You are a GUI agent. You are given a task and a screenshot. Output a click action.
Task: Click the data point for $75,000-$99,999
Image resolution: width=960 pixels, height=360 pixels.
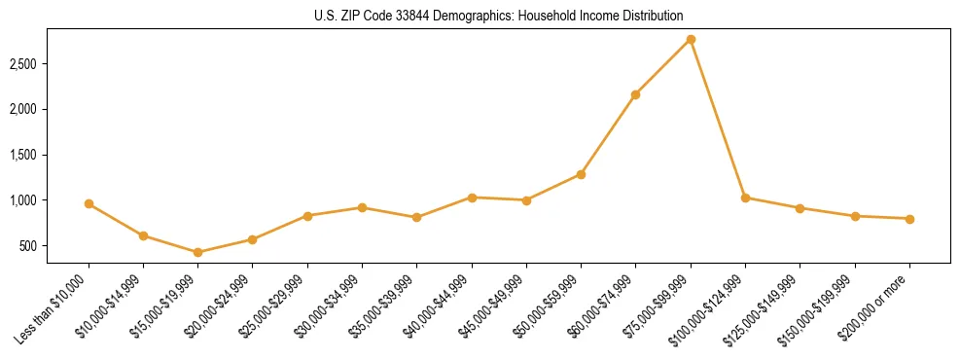[x=691, y=39]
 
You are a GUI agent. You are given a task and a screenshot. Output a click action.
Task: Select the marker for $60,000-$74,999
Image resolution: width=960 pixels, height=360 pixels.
[x=635, y=94]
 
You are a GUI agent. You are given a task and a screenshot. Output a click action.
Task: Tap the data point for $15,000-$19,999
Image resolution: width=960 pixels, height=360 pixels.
[x=197, y=252]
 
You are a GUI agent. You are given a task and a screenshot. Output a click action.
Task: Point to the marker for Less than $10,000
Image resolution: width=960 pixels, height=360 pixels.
[x=89, y=203]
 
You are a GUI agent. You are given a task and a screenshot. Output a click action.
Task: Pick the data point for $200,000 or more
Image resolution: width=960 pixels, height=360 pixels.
[x=909, y=219]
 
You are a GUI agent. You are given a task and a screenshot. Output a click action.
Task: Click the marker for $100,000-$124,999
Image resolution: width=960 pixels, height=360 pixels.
[x=745, y=198]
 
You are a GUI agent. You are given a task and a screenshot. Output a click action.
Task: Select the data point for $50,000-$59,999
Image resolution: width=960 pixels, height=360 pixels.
[x=581, y=174]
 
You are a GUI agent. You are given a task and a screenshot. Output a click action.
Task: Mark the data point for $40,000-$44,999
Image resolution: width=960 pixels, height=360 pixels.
[x=472, y=198]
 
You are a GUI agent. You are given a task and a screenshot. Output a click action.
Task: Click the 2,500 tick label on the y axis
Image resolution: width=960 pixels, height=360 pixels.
[x=22, y=64]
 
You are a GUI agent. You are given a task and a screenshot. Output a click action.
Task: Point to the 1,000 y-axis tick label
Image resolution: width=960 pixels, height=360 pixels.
[x=22, y=200]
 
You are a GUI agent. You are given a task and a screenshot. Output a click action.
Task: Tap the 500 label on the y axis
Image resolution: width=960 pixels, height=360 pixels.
[x=27, y=246]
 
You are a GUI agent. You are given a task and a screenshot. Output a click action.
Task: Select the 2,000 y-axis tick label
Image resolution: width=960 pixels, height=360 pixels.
[x=22, y=109]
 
